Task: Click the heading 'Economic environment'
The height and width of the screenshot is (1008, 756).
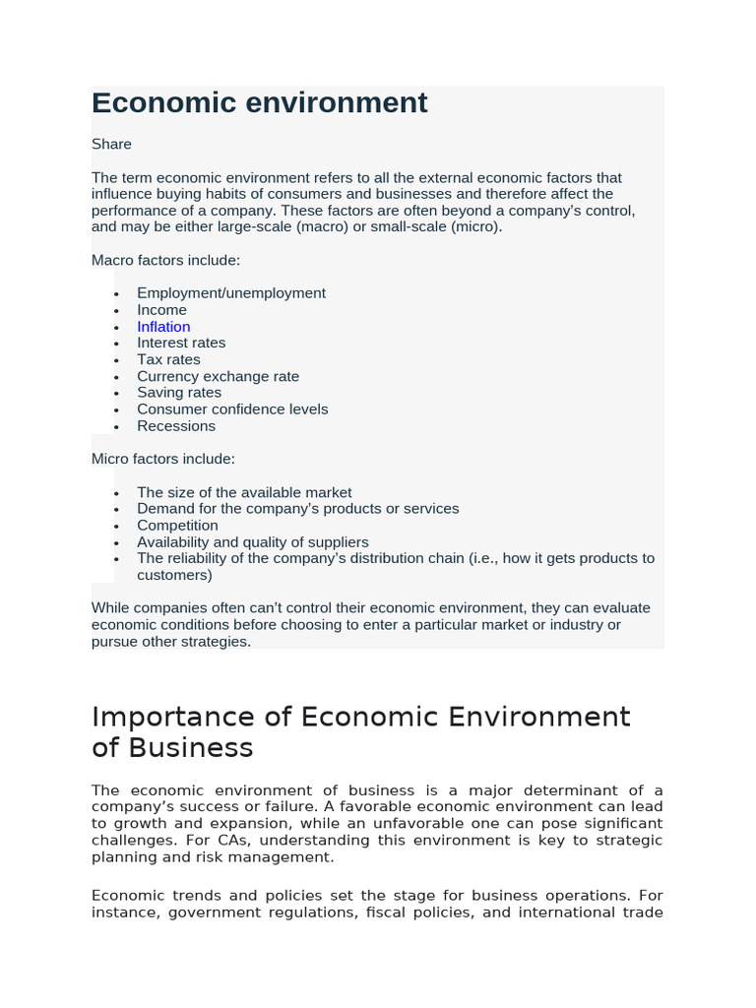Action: point(260,103)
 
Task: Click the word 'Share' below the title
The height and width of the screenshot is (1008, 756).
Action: point(111,145)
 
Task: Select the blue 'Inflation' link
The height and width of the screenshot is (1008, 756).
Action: point(163,327)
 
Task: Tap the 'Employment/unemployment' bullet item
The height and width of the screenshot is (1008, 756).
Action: point(231,293)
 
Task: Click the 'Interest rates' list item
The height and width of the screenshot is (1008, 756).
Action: point(181,343)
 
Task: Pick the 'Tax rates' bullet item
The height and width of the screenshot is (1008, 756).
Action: point(168,359)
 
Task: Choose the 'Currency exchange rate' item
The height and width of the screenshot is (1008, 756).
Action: point(218,376)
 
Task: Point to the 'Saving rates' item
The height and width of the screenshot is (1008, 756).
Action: point(179,393)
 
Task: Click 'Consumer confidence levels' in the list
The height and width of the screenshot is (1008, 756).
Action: point(232,409)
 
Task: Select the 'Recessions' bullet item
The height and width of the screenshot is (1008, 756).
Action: point(176,426)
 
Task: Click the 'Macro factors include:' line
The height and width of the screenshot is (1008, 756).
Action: point(165,260)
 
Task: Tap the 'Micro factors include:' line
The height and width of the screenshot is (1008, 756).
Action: point(163,459)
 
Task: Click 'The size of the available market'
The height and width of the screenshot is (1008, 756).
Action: point(244,492)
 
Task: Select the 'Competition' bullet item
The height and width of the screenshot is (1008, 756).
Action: point(177,526)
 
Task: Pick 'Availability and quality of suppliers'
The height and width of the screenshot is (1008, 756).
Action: point(253,542)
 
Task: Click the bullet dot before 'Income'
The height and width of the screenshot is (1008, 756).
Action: point(116,311)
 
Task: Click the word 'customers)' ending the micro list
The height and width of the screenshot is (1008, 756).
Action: point(174,575)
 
